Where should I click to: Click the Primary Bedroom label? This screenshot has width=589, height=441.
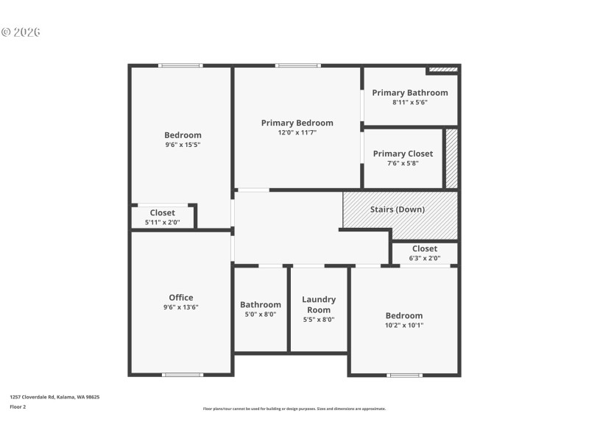(297, 123)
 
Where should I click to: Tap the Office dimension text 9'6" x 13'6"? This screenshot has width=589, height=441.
(181, 307)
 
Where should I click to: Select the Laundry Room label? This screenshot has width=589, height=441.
(319, 304)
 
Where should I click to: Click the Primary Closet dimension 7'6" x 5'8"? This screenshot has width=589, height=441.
(403, 163)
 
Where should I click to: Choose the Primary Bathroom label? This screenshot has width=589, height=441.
(409, 93)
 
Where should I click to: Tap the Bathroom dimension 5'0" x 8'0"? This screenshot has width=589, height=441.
(261, 314)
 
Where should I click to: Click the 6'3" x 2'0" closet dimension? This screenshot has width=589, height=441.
(425, 258)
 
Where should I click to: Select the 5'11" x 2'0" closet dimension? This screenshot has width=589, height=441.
(163, 222)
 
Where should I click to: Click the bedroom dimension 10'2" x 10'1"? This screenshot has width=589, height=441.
(403, 325)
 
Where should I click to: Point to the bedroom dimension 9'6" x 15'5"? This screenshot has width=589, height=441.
(183, 145)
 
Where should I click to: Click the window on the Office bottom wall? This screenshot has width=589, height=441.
(183, 375)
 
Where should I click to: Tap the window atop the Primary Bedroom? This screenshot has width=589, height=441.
(297, 65)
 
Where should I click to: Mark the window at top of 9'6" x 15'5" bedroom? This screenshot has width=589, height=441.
(181, 65)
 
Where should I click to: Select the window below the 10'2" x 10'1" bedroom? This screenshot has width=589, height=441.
(405, 376)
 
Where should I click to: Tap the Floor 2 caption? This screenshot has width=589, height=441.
(18, 406)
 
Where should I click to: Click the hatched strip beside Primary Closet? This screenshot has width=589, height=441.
(451, 159)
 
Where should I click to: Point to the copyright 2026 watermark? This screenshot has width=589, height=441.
(21, 32)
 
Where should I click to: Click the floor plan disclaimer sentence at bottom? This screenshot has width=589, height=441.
(294, 409)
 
